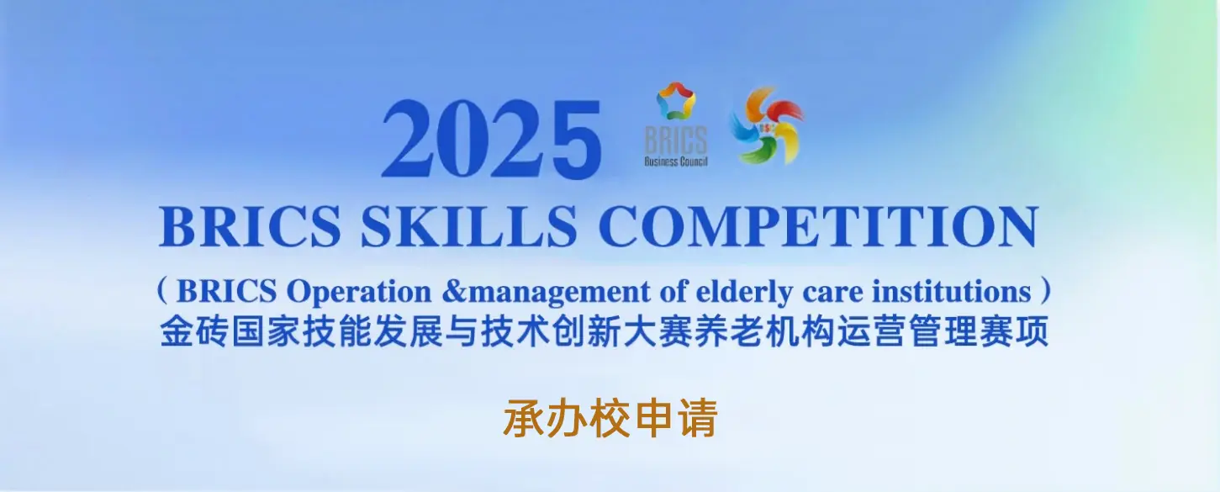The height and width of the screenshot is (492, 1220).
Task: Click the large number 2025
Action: pos(492,139)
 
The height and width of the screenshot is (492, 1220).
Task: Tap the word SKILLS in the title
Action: pos(469,226)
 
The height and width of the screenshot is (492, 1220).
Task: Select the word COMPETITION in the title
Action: pos(819,226)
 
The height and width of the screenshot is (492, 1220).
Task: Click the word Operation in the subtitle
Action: pos(359,293)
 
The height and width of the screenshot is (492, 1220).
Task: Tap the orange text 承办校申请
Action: pos(610,419)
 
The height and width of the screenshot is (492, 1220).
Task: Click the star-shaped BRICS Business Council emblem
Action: pos(676,101)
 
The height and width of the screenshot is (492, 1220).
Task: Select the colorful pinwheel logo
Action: pos(767,125)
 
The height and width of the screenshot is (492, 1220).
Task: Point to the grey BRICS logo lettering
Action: pos(676,140)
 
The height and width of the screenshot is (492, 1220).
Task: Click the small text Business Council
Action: pos(676,161)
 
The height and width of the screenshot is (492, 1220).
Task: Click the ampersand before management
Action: pos(454,292)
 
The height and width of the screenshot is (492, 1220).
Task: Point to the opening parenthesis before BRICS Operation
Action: pos(161,290)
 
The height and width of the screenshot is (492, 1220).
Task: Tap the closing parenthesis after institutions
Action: pos(1045,290)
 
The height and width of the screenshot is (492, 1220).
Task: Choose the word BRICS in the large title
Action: pos(250,226)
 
